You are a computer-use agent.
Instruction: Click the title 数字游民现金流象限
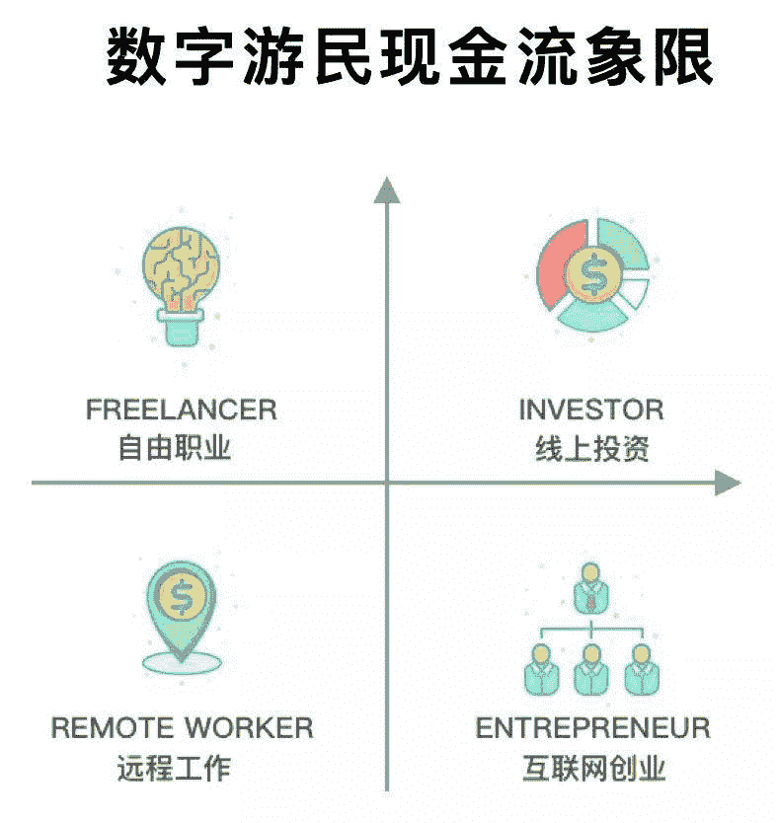[x=409, y=58]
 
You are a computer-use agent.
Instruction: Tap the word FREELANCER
[x=181, y=409]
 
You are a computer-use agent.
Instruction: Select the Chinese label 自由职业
[x=174, y=449]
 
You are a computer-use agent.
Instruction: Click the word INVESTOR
[x=591, y=409]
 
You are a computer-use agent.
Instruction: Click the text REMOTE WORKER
[x=183, y=728]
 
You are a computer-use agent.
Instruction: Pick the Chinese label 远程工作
[x=174, y=768]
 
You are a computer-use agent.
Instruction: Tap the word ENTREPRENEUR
[x=593, y=728]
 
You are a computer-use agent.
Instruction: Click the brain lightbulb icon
[x=181, y=264]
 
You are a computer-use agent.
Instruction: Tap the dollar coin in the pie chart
[x=593, y=273]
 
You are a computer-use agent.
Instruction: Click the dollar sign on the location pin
[x=182, y=595]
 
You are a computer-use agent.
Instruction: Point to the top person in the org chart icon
[x=590, y=585]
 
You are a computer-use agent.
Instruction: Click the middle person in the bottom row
[x=590, y=666]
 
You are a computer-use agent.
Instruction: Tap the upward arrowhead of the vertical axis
[x=386, y=188]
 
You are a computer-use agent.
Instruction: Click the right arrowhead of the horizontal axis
[x=729, y=482]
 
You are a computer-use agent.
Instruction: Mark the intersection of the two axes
[x=386, y=482]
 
